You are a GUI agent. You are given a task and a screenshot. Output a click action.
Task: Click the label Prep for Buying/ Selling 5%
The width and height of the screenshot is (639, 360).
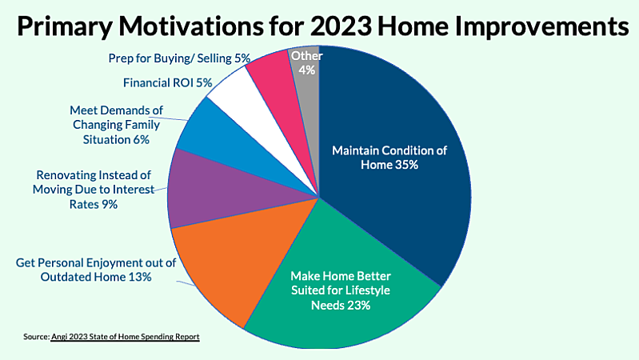(x=179, y=58)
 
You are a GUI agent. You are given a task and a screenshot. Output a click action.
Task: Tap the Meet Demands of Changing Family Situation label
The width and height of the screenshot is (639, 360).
(x=115, y=124)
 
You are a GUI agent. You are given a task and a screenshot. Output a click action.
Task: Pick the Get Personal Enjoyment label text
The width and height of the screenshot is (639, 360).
(x=84, y=270)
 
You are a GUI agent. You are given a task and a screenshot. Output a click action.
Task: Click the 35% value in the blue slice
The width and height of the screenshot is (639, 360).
(x=404, y=164)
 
